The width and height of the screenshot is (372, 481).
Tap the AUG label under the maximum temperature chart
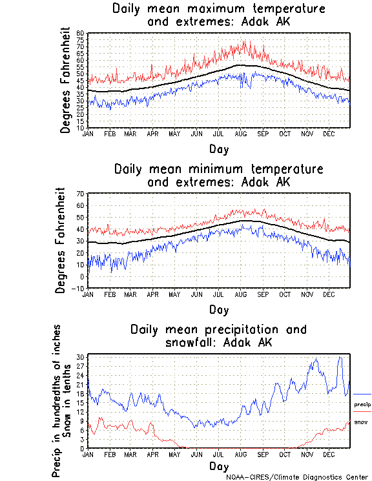[x=240, y=133]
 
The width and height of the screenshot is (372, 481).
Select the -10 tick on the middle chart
[x=81, y=288]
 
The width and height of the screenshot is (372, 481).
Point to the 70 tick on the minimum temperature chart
[x=81, y=194]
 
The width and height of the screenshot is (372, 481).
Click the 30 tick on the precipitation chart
[x=81, y=356]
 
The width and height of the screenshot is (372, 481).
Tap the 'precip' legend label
[x=362, y=404]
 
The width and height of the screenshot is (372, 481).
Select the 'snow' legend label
[x=361, y=422]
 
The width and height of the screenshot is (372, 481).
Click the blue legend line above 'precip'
[x=362, y=394]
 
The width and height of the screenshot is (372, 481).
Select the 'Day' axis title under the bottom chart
[x=219, y=466]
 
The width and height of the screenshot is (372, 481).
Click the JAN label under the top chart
[x=88, y=133]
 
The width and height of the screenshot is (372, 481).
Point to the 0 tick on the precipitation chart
[x=83, y=448]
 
